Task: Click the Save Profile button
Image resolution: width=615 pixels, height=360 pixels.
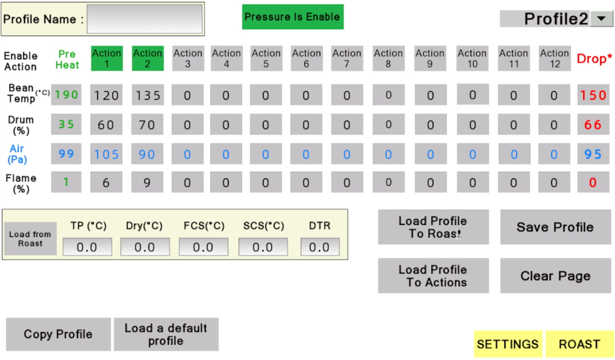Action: tap(556, 227)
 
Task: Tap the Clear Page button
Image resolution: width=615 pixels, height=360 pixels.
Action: tap(556, 276)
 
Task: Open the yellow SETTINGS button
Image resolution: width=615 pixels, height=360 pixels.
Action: tap(508, 344)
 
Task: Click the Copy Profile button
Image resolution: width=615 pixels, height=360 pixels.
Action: tap(58, 334)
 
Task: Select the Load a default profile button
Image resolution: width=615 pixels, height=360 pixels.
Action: tap(166, 334)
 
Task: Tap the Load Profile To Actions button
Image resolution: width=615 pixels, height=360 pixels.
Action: tap(434, 276)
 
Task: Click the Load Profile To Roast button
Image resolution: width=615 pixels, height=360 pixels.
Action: tap(434, 227)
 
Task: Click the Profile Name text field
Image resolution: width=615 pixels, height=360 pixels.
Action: tap(144, 19)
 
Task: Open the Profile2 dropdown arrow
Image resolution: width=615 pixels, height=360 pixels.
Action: tap(601, 19)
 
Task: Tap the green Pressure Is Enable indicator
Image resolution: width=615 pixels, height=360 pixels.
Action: tap(292, 17)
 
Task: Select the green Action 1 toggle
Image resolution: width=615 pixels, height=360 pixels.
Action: tap(107, 58)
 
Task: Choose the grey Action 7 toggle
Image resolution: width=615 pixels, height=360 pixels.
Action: tap(347, 58)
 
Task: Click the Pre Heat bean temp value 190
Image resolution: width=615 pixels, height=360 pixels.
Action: tap(66, 94)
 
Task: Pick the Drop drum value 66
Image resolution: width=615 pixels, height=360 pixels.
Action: tap(593, 124)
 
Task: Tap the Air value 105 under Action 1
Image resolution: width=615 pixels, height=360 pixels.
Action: tap(106, 154)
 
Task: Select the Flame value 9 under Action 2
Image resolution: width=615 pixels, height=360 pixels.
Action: tap(147, 182)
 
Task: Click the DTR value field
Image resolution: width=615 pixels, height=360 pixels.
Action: tap(320, 247)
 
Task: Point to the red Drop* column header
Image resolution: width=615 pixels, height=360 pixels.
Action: tap(594, 58)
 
